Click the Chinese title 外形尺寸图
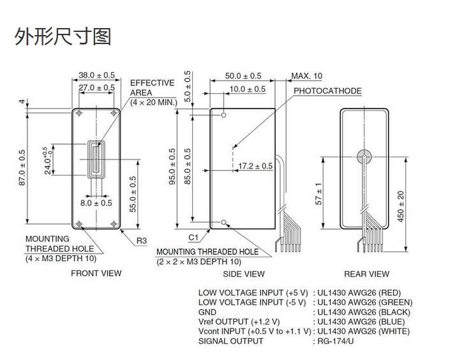click(63, 36)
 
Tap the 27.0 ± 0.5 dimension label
click(96, 87)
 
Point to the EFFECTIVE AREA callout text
click(152, 92)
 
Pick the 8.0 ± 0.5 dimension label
click(96, 203)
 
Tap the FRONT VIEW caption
click(96, 273)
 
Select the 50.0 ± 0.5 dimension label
click(243, 76)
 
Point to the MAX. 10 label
click(307, 76)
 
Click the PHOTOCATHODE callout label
click(327, 91)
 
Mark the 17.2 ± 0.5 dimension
click(255, 166)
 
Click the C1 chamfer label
click(193, 237)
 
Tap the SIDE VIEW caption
click(243, 274)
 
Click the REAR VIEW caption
click(366, 274)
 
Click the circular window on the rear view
click(365, 155)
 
